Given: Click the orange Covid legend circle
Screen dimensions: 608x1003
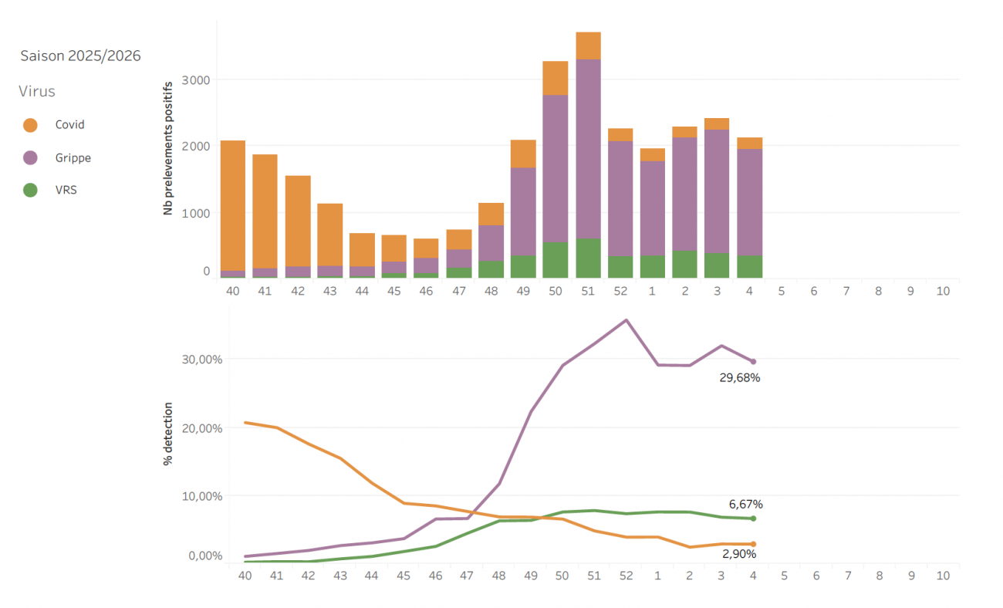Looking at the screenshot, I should click(31, 124).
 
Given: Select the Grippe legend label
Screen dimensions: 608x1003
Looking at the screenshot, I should click(73, 157).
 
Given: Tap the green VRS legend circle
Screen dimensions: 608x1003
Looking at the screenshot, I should click(31, 190).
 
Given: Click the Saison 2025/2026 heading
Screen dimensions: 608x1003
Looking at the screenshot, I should click(80, 56).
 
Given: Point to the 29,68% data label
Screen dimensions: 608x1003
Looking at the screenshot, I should click(740, 378).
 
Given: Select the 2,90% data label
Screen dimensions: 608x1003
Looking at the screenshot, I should click(739, 554).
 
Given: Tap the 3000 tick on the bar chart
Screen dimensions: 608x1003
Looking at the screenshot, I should click(195, 79).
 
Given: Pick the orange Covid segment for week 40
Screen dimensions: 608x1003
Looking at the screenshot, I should click(233, 204).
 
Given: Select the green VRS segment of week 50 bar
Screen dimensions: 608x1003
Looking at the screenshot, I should click(556, 260).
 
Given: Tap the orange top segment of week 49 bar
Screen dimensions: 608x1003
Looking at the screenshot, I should click(523, 154).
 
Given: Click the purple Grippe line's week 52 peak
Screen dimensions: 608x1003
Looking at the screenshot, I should click(626, 319).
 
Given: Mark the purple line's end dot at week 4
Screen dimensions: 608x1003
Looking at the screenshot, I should click(753, 361).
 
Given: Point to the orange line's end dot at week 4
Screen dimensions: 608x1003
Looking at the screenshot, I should click(753, 544).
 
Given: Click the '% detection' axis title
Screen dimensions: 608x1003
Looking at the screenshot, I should click(167, 434).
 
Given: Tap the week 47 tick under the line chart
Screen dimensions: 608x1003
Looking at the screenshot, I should click(466, 576).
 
